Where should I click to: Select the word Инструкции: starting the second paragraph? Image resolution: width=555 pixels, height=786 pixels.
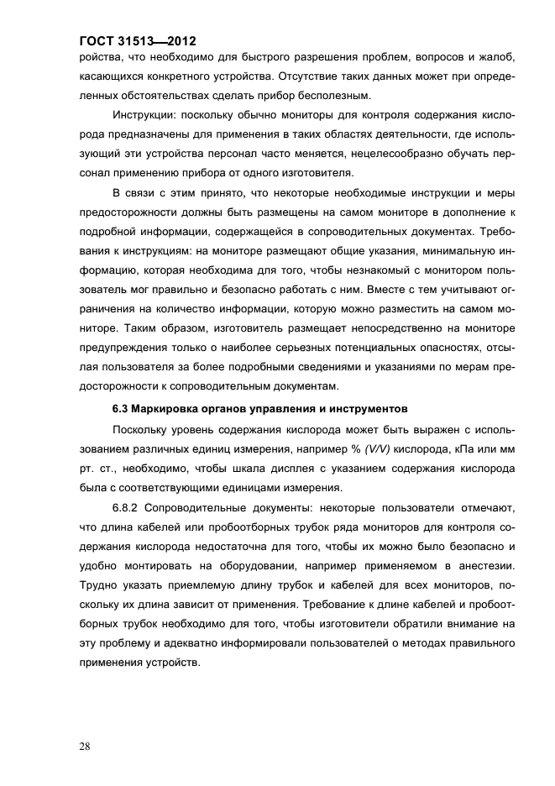pyautogui.click(x=149, y=114)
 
